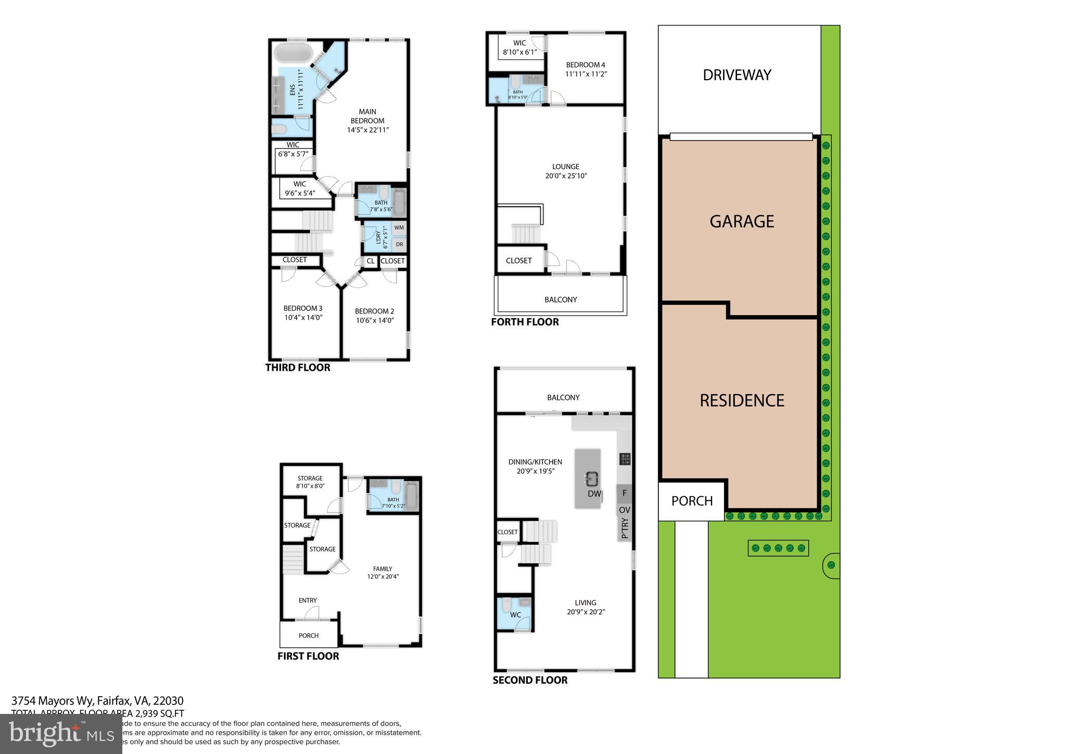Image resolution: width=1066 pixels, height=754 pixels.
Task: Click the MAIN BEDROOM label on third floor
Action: click(x=367, y=116)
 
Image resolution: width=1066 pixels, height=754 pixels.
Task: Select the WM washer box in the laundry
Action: click(x=399, y=228)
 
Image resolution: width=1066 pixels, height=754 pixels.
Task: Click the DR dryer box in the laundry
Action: click(x=399, y=244)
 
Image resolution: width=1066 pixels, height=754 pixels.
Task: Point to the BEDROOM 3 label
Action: click(x=303, y=308)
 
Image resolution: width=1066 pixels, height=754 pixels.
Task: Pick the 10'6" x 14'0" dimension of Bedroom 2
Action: click(x=375, y=320)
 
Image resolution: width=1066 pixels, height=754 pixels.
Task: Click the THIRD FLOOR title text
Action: click(x=298, y=368)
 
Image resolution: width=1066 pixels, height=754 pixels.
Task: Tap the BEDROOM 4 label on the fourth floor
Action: click(x=586, y=65)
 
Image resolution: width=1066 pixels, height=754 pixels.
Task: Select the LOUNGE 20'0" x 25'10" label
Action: click(x=566, y=171)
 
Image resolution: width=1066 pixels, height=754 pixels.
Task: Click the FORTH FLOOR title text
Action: click(x=525, y=322)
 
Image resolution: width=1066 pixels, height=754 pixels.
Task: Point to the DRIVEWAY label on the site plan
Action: click(x=737, y=75)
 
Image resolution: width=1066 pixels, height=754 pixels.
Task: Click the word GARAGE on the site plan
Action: click(x=742, y=221)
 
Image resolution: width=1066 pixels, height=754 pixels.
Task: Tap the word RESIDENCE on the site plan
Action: click(x=742, y=400)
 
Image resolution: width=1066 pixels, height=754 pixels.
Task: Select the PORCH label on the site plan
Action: click(x=692, y=501)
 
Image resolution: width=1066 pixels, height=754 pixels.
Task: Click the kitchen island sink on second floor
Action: click(x=591, y=477)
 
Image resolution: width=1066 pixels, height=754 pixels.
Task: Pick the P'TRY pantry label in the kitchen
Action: click(x=625, y=528)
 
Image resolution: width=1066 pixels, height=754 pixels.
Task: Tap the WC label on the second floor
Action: click(x=515, y=615)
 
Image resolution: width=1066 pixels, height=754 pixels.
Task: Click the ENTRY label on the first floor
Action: click(x=308, y=600)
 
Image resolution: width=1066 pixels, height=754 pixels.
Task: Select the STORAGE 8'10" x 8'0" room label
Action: click(x=310, y=482)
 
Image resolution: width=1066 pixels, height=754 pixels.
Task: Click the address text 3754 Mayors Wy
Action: click(x=52, y=701)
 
